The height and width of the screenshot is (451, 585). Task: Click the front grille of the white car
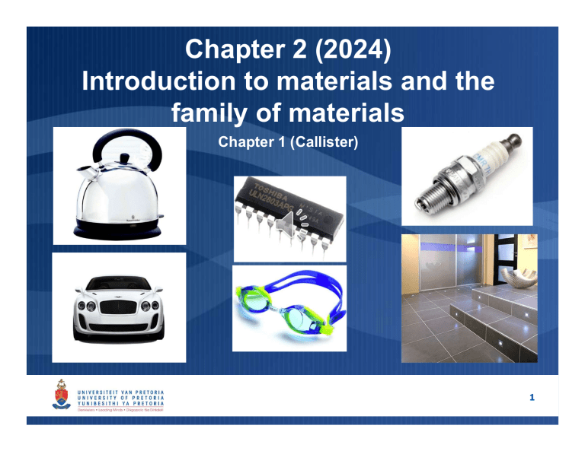pos(117,311)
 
